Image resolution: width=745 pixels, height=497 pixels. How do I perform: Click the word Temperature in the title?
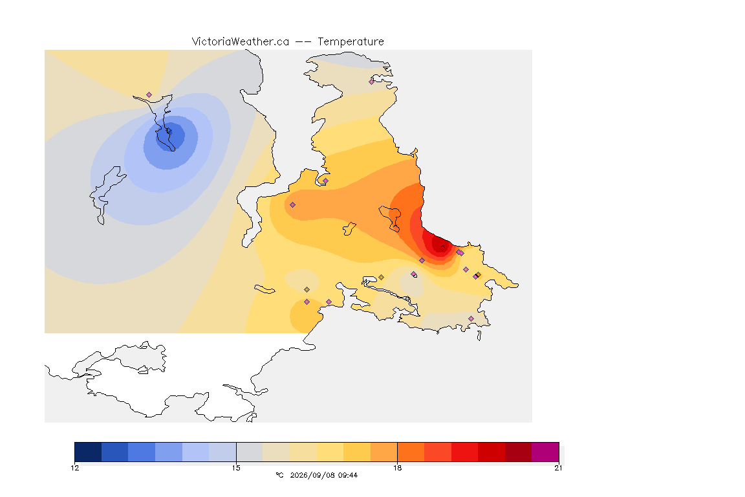pyautogui.click(x=351, y=42)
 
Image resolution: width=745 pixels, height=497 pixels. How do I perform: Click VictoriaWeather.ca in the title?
pyautogui.click(x=241, y=42)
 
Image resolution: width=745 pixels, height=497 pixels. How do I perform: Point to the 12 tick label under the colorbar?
pyautogui.click(x=75, y=468)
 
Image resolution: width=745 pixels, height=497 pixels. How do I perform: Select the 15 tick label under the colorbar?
pyautogui.click(x=236, y=468)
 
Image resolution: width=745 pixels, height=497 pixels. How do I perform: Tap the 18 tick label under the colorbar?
pyautogui.click(x=397, y=468)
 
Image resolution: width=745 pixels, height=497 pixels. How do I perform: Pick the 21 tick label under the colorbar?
pyautogui.click(x=558, y=468)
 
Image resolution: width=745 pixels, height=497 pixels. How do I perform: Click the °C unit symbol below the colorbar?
pyautogui.click(x=279, y=475)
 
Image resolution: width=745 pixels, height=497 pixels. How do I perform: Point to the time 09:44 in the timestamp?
pyautogui.click(x=348, y=475)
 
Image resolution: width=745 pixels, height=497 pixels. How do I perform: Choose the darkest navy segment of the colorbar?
pyautogui.click(x=88, y=452)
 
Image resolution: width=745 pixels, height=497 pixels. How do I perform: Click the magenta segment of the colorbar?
pyautogui.click(x=545, y=452)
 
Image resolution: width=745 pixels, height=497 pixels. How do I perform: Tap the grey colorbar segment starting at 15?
pyautogui.click(x=250, y=452)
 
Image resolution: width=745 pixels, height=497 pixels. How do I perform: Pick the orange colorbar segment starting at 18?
pyautogui.click(x=411, y=452)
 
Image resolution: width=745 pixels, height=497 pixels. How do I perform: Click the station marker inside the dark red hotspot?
pyautogui.click(x=443, y=248)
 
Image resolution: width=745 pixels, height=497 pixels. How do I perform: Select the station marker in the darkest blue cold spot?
pyautogui.click(x=169, y=130)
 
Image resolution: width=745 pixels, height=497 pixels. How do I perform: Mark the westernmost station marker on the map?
pyautogui.click(x=149, y=95)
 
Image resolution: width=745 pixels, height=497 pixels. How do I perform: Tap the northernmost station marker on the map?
pyautogui.click(x=372, y=82)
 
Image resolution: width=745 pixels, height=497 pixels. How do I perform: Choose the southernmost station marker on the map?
pyautogui.click(x=471, y=318)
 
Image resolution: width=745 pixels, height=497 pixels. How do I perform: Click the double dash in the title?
pyautogui.click(x=303, y=42)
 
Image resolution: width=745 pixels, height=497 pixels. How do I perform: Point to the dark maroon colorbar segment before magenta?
pyautogui.click(x=519, y=452)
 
